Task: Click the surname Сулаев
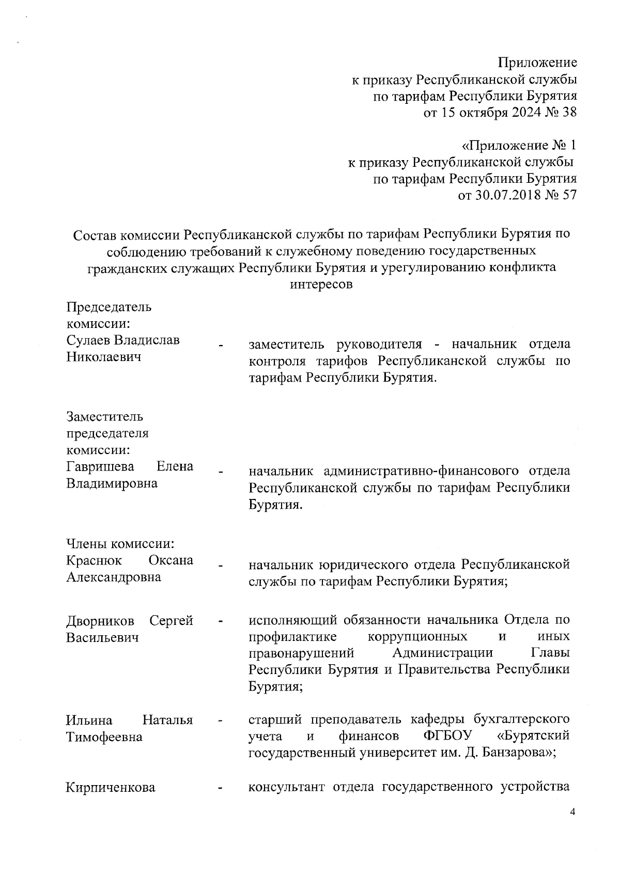click(88, 340)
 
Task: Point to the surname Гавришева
click(100, 466)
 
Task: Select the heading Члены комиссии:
click(120, 543)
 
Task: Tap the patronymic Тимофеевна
click(104, 737)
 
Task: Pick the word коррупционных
click(418, 636)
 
